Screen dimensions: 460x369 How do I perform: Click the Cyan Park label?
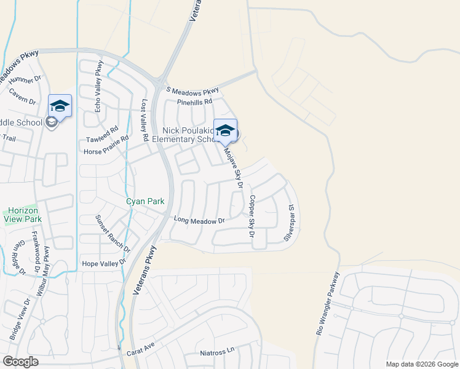click(x=146, y=201)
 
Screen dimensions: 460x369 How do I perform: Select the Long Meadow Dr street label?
click(x=199, y=220)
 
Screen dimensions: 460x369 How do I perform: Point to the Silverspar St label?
click(x=288, y=223)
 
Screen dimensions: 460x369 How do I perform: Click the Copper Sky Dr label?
click(x=252, y=216)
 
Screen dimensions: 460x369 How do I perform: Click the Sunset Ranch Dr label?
click(x=113, y=234)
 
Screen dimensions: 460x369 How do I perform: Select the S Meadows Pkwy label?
click(x=192, y=90)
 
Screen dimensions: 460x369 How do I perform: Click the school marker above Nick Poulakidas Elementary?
click(x=225, y=130)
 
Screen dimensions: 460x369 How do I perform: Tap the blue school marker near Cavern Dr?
click(x=60, y=105)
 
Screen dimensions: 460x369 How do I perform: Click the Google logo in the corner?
click(x=20, y=362)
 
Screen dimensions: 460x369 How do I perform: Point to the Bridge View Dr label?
click(x=20, y=320)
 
